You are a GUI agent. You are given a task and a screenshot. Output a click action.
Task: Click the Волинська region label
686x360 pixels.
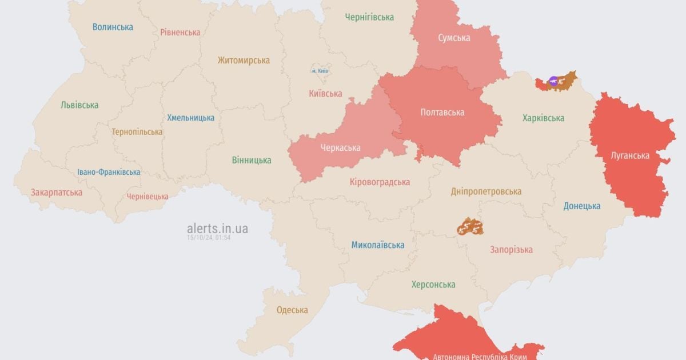(113, 27)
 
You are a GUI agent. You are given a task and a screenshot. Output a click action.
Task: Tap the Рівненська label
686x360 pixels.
(180, 32)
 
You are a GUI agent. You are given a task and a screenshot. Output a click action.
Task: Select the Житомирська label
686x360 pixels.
(244, 60)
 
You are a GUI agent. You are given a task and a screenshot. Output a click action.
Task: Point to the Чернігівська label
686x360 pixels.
(369, 17)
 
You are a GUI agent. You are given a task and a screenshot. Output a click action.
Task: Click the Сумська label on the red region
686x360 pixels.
(454, 38)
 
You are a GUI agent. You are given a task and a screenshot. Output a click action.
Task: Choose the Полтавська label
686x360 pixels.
(442, 113)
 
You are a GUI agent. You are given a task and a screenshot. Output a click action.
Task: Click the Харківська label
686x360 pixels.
(543, 118)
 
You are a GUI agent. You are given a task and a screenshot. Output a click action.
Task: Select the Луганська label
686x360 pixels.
(629, 155)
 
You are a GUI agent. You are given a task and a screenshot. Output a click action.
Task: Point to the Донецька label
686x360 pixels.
(582, 206)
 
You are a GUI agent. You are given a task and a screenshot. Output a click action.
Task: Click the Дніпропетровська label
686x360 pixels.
(486, 191)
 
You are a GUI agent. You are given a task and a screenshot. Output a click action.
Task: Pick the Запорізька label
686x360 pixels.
(511, 249)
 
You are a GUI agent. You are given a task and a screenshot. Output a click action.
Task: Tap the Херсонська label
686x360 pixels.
(433, 285)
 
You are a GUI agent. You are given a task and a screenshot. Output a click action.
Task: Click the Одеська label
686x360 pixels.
(292, 310)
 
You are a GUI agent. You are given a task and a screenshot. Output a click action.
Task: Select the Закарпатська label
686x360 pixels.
(57, 192)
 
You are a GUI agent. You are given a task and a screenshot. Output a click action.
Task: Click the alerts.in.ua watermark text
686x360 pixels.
(217, 229)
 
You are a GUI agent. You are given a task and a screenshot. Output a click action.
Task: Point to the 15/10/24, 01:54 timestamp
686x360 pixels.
(208, 238)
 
